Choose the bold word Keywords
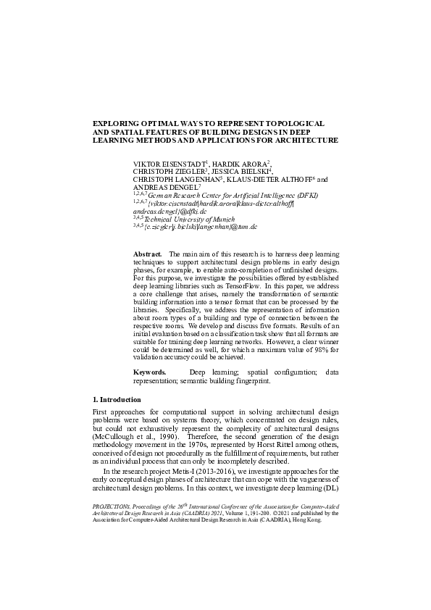[150, 372]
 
